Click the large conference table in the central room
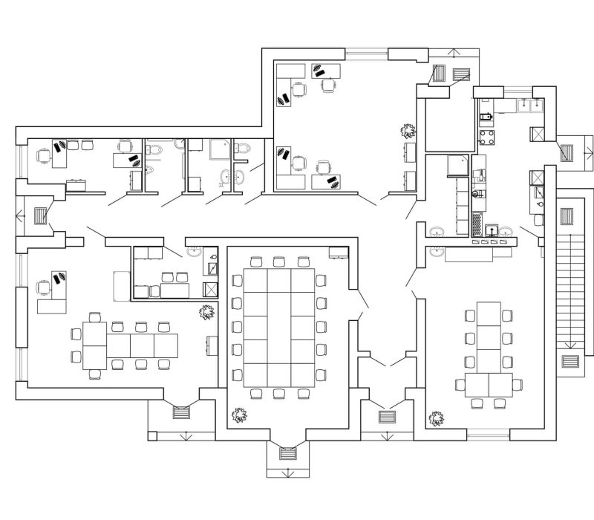coord(278,327)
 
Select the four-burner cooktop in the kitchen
coord(487,137)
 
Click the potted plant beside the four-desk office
coord(408,131)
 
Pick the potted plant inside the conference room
coord(240,416)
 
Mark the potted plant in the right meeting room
coord(437,418)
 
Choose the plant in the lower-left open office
coord(206,312)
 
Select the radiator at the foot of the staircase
coord(570,362)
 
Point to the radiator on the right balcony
coord(568,152)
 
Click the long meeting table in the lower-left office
coord(130,346)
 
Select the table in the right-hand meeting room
coord(488,349)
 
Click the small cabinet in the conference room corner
coord(339,253)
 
